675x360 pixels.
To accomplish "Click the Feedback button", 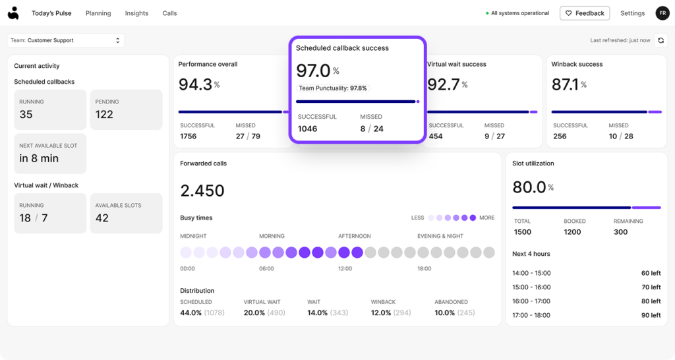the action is coord(585,13).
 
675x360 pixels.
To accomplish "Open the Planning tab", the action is coord(98,13).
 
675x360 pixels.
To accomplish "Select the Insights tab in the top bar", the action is coord(136,13).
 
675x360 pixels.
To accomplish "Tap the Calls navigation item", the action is coord(169,13).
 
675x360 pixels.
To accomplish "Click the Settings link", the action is coord(632,13).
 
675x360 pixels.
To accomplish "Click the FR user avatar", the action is coord(662,13).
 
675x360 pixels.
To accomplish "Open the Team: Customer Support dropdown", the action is coord(66,40).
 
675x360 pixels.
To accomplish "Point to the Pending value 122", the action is coord(104,115).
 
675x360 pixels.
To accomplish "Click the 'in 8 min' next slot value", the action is coord(39,158).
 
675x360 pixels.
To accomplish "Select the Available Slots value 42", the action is coord(102,218).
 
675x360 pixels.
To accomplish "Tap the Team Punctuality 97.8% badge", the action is coord(333,88).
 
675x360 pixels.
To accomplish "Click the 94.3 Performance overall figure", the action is coord(195,84).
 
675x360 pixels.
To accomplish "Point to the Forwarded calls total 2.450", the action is coord(202,191).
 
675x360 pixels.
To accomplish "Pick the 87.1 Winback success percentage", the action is coord(565,84).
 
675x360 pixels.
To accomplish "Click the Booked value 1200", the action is coord(572,232).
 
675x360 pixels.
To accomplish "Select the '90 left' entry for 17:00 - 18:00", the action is coord(651,315).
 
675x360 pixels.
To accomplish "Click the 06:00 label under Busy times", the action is coord(266,269).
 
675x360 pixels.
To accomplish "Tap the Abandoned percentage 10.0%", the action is coord(445,313).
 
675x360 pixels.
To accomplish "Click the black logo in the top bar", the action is coord(13,13).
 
